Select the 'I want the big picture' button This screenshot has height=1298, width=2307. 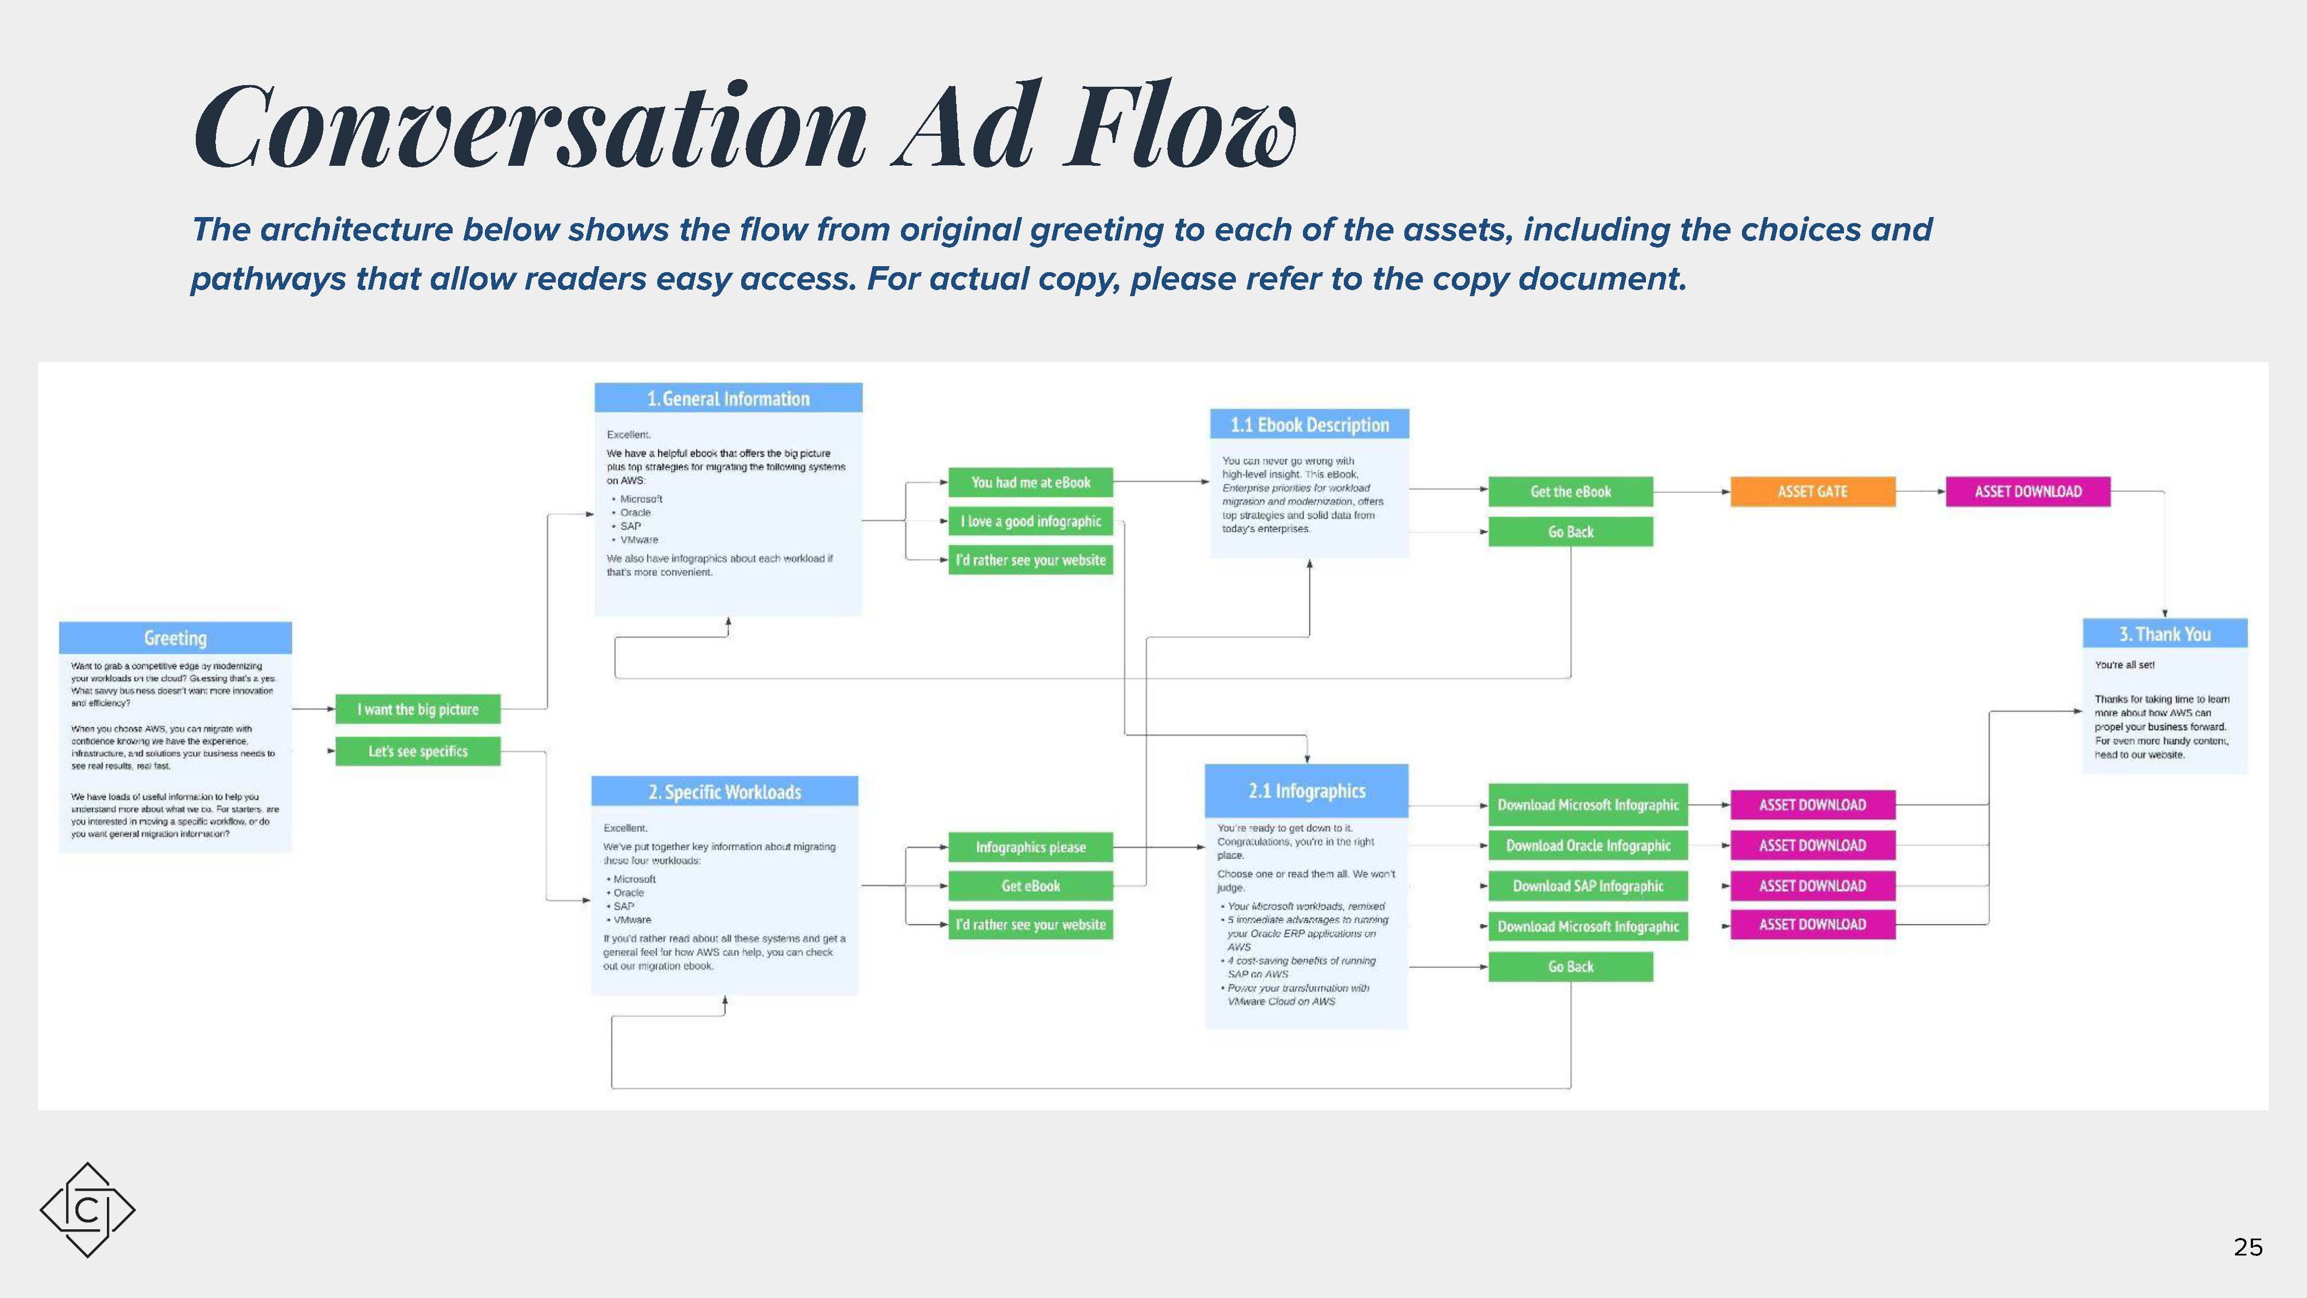417,710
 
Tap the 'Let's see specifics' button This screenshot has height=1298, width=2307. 417,752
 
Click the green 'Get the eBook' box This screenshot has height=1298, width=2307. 1570,492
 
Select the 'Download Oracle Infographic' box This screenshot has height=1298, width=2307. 1588,846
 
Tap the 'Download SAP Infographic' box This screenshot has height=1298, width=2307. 1588,886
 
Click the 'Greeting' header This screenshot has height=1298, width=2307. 176,638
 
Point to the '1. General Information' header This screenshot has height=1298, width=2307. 728,399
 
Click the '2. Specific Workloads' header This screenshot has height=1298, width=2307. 724,792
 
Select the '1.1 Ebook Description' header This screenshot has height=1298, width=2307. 1309,425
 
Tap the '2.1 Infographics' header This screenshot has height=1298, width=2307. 1307,791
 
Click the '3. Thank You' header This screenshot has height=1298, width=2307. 2165,634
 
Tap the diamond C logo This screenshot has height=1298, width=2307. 87,1210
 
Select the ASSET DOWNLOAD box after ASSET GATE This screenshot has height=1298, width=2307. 2028,492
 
